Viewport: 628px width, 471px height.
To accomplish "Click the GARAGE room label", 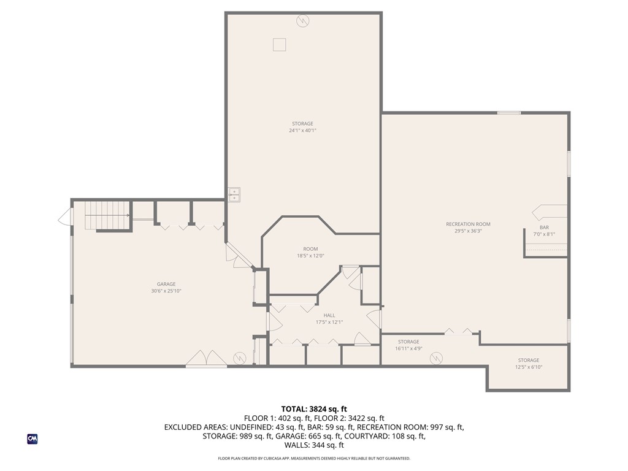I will [166, 284].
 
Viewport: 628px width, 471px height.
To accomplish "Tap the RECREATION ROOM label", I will [468, 224].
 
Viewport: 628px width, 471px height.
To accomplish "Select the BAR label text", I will [543, 228].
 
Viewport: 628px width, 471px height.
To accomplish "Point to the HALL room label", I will [329, 315].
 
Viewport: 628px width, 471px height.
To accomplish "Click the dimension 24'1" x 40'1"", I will [302, 131].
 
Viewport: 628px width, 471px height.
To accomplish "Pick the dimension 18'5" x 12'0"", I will [310, 256].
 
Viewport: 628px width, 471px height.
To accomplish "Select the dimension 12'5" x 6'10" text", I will [528, 367].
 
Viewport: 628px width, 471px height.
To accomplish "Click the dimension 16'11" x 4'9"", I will [408, 349].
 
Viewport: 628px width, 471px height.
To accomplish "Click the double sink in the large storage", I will [234, 194].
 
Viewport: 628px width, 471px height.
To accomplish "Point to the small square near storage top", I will [280, 44].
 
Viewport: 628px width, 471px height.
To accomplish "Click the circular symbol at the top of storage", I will [302, 21].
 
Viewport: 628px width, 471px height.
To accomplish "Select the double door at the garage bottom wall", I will [207, 359].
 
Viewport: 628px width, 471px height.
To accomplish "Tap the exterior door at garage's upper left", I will [64, 216].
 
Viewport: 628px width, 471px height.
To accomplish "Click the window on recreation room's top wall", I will [509, 113].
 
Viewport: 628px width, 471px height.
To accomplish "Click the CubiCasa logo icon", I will [33, 439].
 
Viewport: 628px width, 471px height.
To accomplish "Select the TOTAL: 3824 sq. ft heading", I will [314, 409].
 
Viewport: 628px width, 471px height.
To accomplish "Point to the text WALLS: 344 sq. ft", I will [314, 445].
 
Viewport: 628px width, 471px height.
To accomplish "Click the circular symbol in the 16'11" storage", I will [436, 358].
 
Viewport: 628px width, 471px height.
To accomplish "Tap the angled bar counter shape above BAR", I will [549, 212].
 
